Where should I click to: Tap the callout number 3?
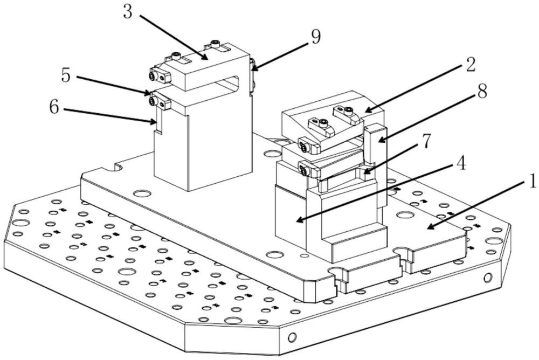[127, 12]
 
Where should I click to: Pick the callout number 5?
[65, 75]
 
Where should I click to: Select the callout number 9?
[315, 37]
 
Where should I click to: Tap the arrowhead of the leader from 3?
[207, 58]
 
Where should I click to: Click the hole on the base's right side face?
[488, 278]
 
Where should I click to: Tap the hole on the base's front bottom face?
[292, 338]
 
